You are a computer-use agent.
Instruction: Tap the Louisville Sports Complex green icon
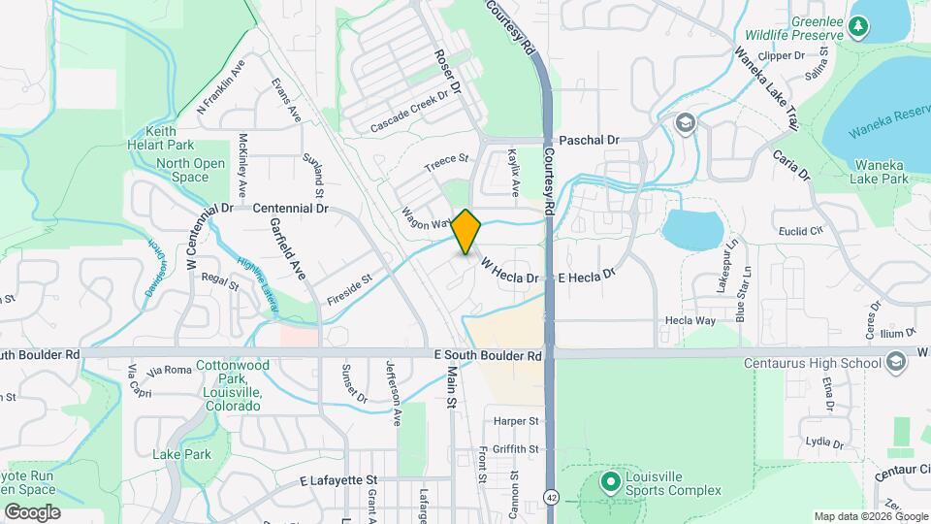click(x=610, y=481)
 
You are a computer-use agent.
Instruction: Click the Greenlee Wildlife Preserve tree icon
click(x=857, y=26)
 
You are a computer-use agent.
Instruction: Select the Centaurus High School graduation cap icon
click(x=896, y=363)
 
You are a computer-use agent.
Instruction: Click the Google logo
click(x=32, y=512)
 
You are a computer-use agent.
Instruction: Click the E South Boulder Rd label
click(x=487, y=356)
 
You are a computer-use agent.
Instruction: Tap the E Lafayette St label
click(x=337, y=480)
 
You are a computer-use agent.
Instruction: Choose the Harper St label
click(x=515, y=421)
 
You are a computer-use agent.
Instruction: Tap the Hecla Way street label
click(x=690, y=319)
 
